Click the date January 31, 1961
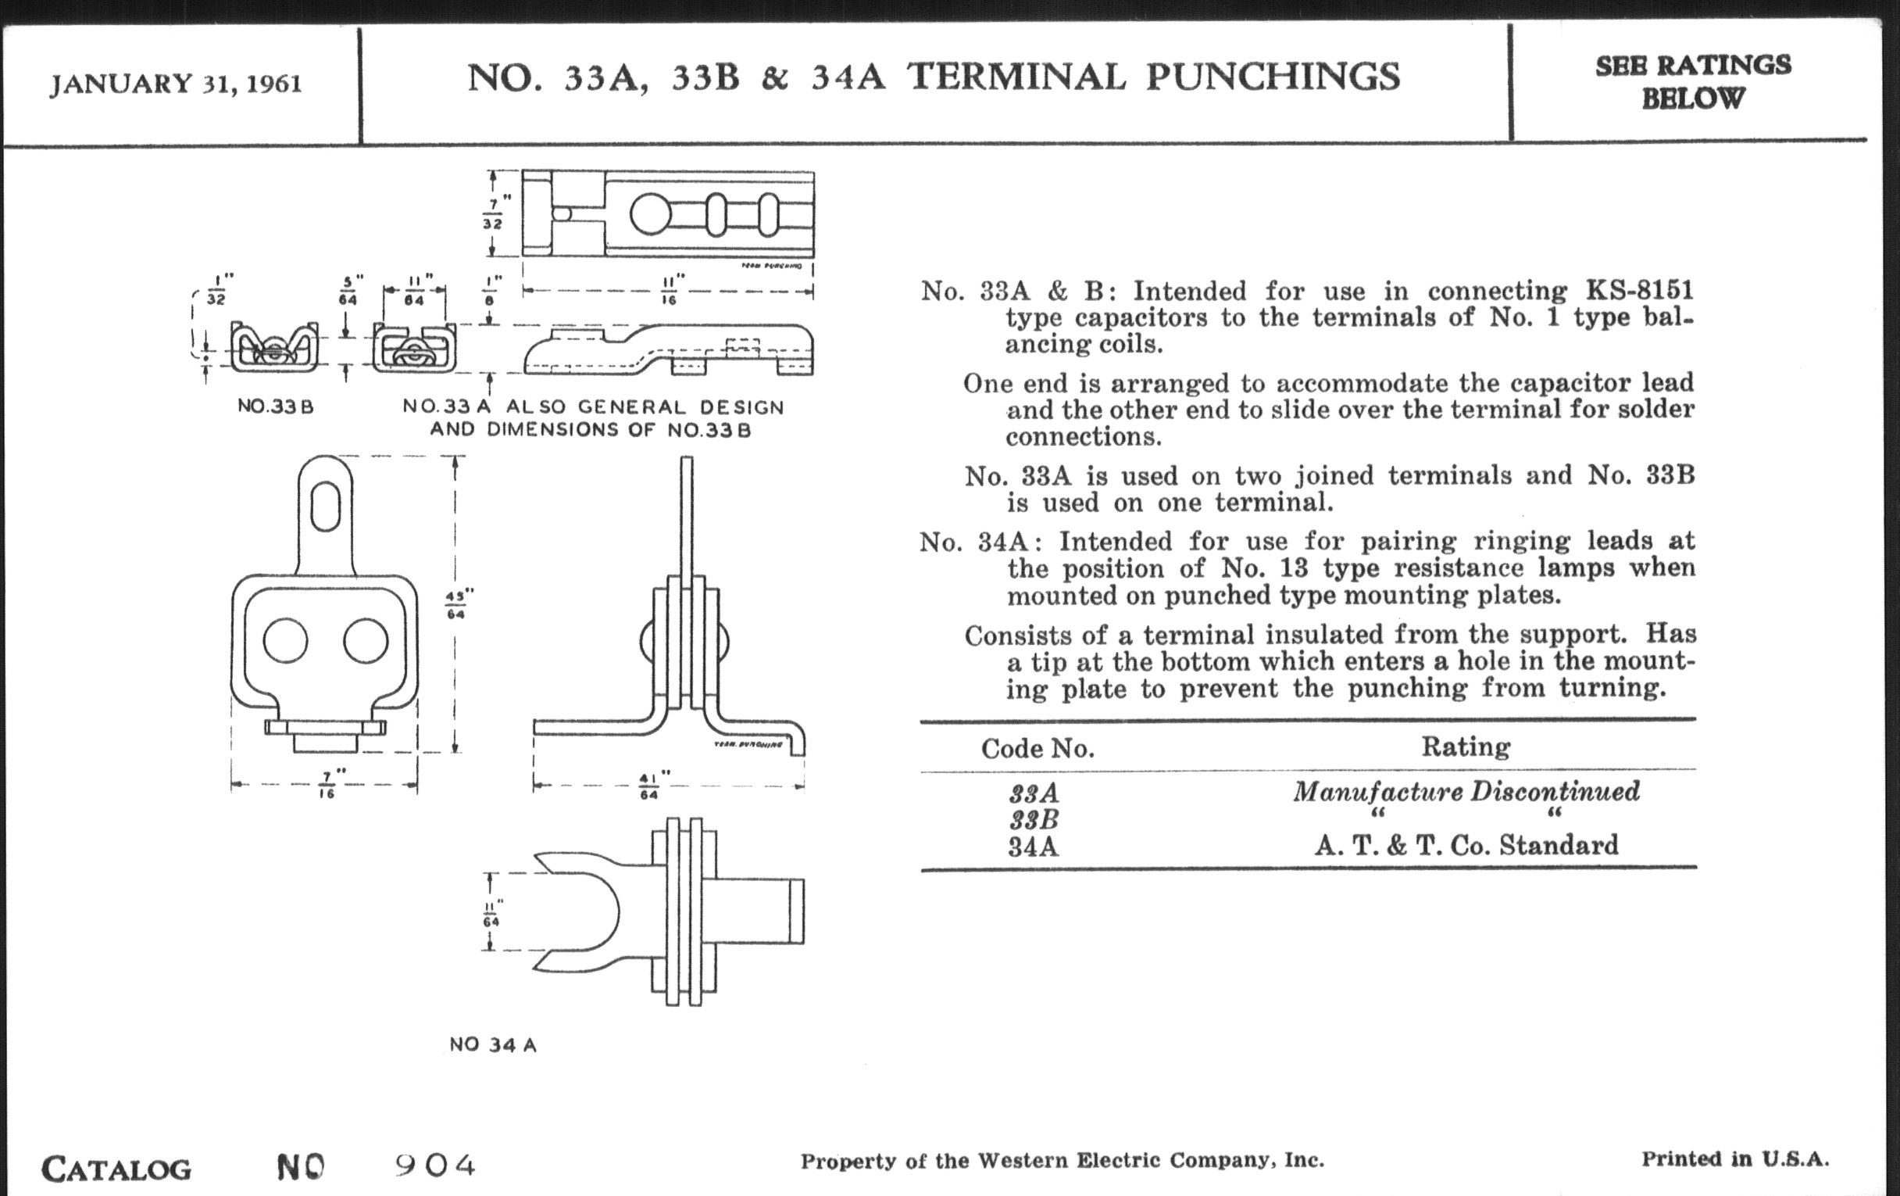(176, 84)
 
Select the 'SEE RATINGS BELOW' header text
(1692, 81)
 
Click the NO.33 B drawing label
(275, 407)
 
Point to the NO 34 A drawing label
(493, 1045)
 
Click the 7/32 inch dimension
(492, 213)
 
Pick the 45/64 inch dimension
(455, 605)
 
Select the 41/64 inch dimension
(648, 786)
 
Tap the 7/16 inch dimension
(327, 785)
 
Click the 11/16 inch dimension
(669, 291)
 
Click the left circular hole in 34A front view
(285, 640)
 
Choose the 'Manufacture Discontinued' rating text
(1466, 791)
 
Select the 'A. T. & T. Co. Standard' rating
(1466, 846)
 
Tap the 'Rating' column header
(1466, 747)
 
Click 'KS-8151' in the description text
(1640, 291)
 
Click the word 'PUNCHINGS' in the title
(1273, 77)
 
